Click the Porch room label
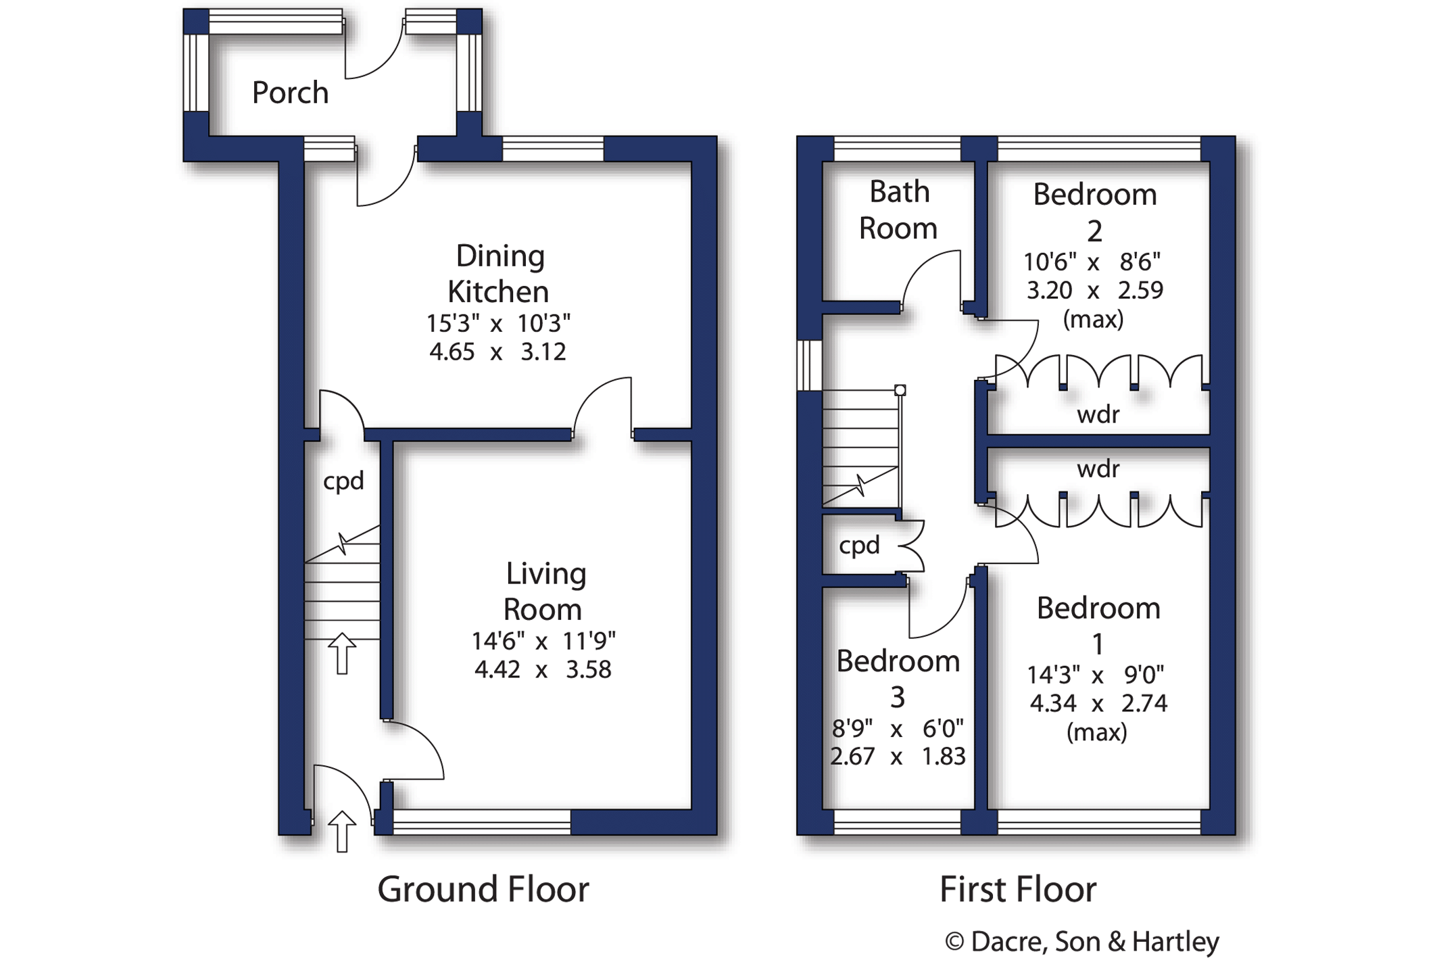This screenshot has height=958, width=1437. coord(291,93)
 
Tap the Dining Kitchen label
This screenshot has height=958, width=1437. coord(499,274)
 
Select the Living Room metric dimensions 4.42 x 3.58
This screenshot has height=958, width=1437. coord(543,669)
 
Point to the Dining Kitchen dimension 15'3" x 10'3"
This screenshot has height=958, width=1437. coord(498,324)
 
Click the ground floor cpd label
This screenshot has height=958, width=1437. coord(343,481)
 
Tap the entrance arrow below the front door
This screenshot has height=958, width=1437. coord(342,831)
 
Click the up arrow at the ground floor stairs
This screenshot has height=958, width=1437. coord(342,653)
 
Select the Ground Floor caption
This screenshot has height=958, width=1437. coord(483,890)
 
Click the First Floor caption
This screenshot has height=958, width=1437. coord(1018,890)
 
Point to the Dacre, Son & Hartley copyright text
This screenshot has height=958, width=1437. coord(1082,941)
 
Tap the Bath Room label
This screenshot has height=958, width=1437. coord(898,210)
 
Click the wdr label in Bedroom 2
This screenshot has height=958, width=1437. coord(1098,414)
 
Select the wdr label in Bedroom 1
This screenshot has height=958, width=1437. coord(1098,469)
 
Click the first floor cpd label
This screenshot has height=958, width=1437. coord(859,545)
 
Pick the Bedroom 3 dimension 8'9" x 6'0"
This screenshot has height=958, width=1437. coord(898,729)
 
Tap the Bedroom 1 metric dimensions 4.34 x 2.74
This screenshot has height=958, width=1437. coord(1098,704)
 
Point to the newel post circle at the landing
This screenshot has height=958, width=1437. coord(900,390)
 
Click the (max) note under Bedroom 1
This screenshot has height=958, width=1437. coord(1096,732)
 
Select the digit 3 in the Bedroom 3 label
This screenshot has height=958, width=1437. coord(898,697)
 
